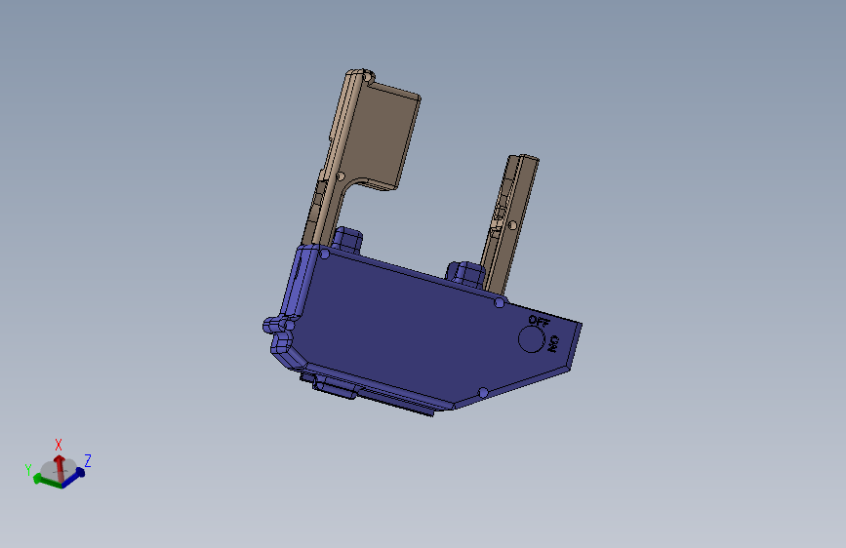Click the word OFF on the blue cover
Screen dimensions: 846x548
[x=539, y=322]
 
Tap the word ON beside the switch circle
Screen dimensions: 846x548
[x=553, y=344]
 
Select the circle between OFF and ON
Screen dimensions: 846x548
[x=531, y=339]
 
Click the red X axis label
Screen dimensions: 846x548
[x=59, y=445]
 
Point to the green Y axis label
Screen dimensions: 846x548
[x=28, y=469]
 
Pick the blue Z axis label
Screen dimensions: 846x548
[x=88, y=460]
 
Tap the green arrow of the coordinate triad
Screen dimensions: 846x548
[x=45, y=481]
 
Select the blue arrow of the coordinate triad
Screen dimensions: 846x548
[x=74, y=478]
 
